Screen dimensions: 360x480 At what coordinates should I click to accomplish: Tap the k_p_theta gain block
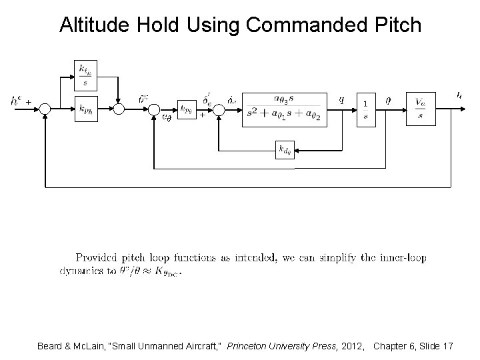(187, 107)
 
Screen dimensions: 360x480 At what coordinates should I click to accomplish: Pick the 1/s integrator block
(366, 107)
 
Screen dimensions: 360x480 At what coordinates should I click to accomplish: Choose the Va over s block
(421, 107)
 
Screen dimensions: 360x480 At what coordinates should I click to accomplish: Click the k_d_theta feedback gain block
(285, 149)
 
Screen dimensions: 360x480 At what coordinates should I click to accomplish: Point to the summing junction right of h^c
(44, 108)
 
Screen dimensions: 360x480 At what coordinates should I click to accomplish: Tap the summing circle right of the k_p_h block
(119, 108)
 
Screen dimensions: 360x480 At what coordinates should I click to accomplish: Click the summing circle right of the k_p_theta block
(217, 108)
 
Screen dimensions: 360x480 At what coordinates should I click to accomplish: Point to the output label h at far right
(459, 95)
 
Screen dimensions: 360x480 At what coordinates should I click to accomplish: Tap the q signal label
(341, 99)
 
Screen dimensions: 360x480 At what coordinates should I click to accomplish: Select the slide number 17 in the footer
(447, 347)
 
